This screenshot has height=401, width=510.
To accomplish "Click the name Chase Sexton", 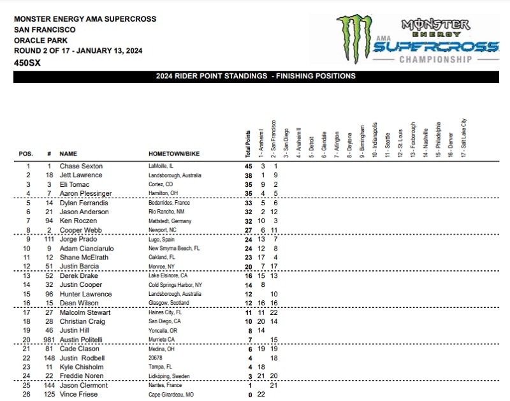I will (x=81, y=166).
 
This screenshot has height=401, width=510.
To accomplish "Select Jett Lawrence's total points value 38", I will (x=249, y=175).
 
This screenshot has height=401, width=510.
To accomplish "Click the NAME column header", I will (x=68, y=154).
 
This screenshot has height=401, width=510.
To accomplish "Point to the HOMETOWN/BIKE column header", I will (x=175, y=154).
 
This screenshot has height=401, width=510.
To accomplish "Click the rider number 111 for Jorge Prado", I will (x=48, y=239).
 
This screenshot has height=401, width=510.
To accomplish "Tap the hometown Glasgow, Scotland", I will (x=170, y=303).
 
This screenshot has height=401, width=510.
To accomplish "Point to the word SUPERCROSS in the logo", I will (x=437, y=47).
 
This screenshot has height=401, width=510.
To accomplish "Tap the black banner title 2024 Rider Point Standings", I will (x=256, y=77).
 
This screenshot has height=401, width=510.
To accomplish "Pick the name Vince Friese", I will (x=78, y=395).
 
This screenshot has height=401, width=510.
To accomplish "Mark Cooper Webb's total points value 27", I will (x=249, y=230).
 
